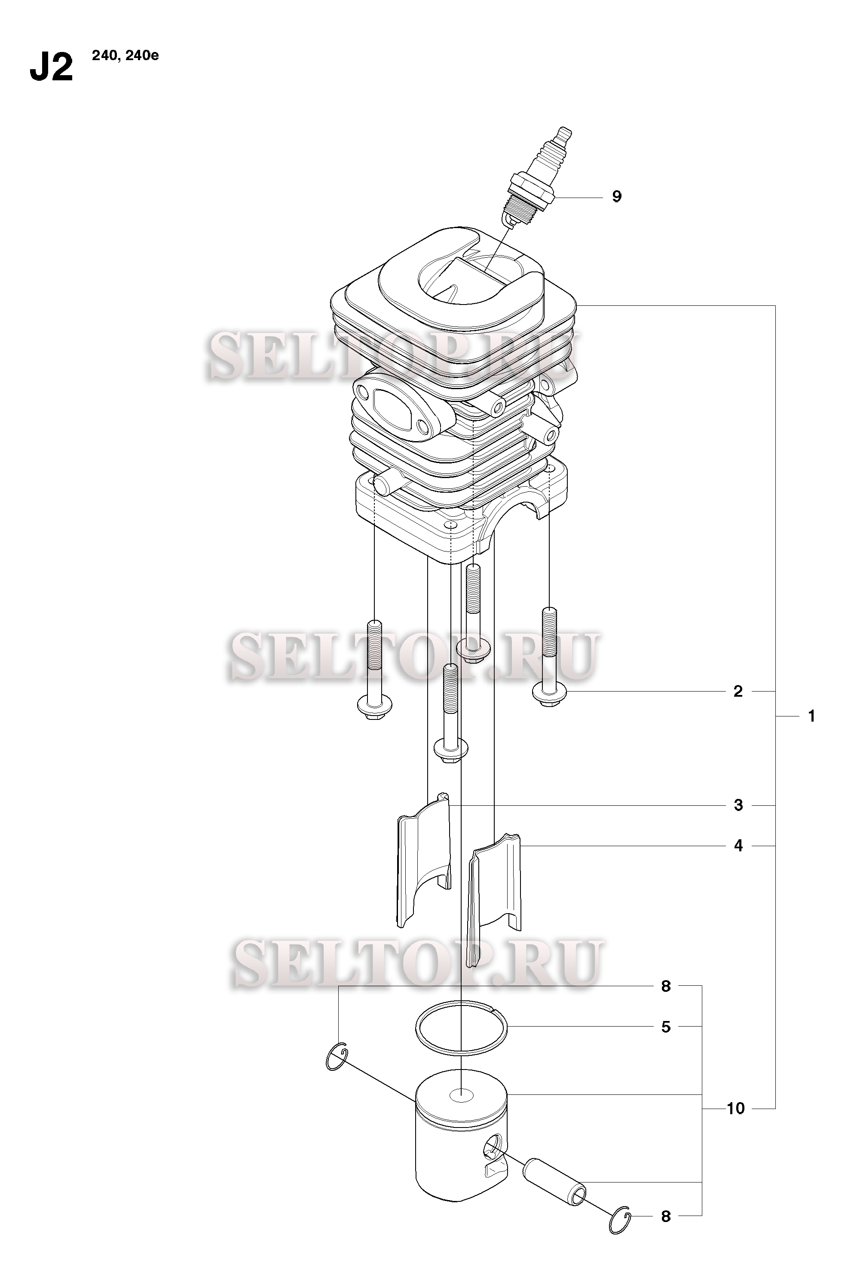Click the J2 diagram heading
tap(51, 67)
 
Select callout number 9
tap(616, 196)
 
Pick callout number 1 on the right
tap(811, 716)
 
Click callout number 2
tap(738, 691)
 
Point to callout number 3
tap(738, 805)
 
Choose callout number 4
tap(738, 845)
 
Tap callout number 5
tap(666, 1027)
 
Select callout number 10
tap(736, 1108)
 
